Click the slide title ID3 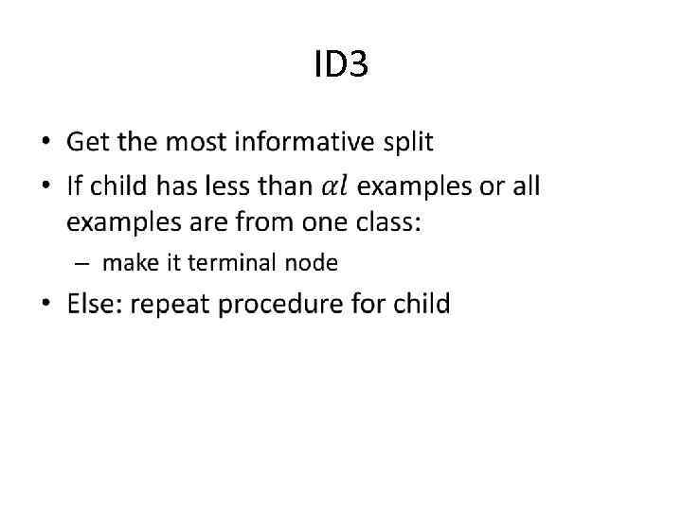click(340, 65)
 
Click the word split click(406, 144)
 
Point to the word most click(196, 143)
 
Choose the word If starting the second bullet click(74, 185)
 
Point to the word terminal click(224, 262)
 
